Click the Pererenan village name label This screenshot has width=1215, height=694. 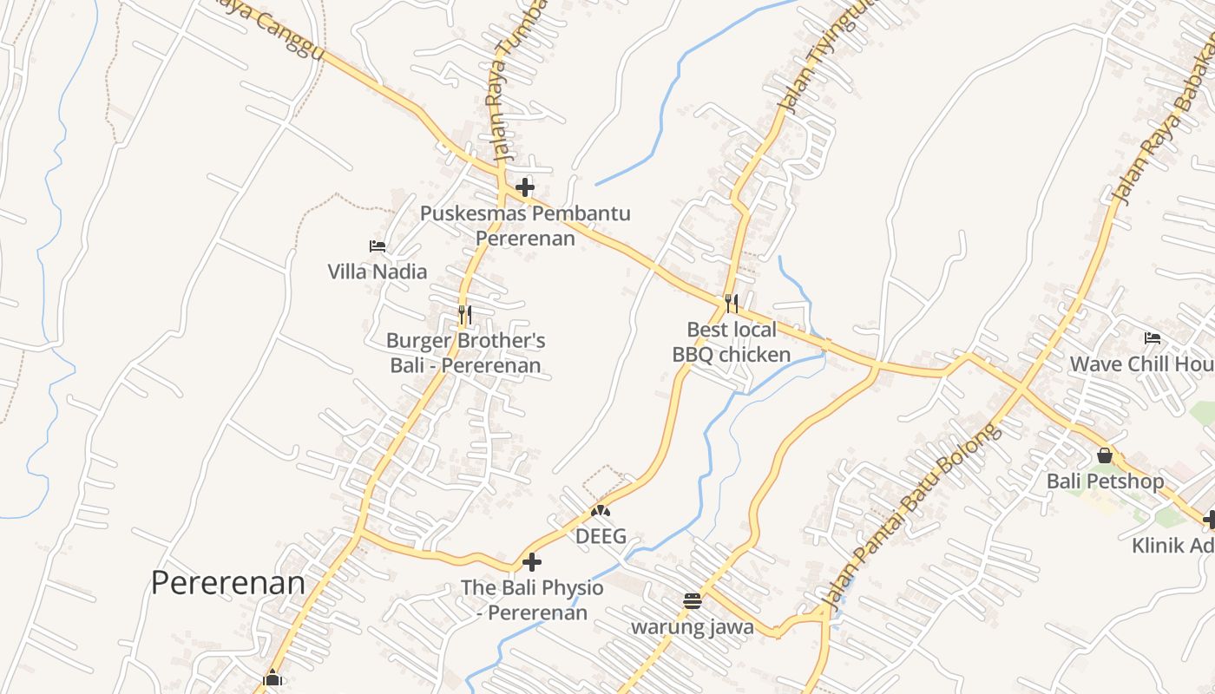pyautogui.click(x=227, y=583)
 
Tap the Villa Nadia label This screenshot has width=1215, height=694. pyautogui.click(x=378, y=272)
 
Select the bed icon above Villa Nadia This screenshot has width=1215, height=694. pyautogui.click(x=378, y=246)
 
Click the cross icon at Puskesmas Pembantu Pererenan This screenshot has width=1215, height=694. pyautogui.click(x=524, y=187)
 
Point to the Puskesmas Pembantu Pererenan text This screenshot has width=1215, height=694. pyautogui.click(x=525, y=226)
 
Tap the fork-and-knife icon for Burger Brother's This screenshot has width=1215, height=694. pyautogui.click(x=465, y=314)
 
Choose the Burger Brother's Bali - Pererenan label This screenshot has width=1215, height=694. pyautogui.click(x=465, y=353)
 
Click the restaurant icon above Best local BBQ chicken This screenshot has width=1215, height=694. pyautogui.click(x=732, y=303)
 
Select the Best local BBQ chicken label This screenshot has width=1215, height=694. pyautogui.click(x=732, y=342)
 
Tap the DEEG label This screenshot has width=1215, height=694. pyautogui.click(x=601, y=536)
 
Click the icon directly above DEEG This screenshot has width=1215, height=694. pyautogui.click(x=601, y=511)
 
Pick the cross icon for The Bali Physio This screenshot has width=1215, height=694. pyautogui.click(x=531, y=562)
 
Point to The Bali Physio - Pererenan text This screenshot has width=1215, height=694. pyautogui.click(x=532, y=599)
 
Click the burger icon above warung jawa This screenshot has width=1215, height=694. pyautogui.click(x=692, y=601)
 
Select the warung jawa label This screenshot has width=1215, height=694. pyautogui.click(x=692, y=626)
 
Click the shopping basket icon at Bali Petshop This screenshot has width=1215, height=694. pyautogui.click(x=1105, y=455)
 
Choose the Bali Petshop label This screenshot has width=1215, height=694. pyautogui.click(x=1105, y=481)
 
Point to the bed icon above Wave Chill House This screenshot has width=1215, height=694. pyautogui.click(x=1153, y=338)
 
